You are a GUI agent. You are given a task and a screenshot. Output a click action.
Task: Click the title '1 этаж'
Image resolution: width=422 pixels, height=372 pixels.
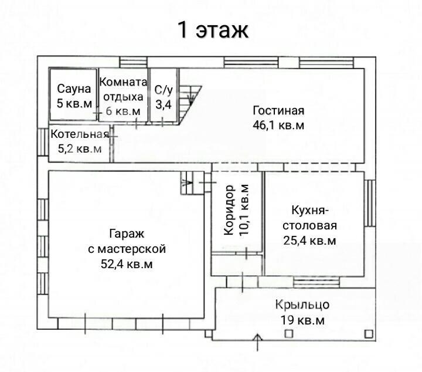(x=213, y=30)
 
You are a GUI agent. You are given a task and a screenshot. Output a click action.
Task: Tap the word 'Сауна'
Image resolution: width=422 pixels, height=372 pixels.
(x=74, y=89)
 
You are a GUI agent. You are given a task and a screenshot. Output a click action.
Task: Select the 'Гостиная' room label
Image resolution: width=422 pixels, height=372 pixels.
(x=278, y=111)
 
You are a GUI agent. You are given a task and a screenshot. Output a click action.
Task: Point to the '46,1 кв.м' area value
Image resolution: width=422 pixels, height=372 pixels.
(x=278, y=125)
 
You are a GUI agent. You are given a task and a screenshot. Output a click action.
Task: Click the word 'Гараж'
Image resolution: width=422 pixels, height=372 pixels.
(x=127, y=234)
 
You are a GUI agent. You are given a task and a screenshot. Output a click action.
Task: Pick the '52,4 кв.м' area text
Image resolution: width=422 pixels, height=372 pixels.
(x=127, y=264)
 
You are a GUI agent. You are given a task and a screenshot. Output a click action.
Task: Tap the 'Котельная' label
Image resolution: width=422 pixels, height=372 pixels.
(x=80, y=134)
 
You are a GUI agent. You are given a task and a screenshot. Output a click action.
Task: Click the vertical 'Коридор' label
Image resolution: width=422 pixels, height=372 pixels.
(x=229, y=210)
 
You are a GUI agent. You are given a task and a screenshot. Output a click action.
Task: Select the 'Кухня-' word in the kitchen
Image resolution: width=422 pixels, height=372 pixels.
(x=310, y=211)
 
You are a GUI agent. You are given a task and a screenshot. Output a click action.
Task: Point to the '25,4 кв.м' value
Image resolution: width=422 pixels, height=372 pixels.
(x=309, y=241)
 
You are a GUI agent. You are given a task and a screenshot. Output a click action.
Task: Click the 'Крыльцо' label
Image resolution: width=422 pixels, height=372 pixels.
(x=302, y=305)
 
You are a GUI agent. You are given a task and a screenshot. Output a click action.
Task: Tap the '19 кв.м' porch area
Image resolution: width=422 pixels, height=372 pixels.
(x=302, y=320)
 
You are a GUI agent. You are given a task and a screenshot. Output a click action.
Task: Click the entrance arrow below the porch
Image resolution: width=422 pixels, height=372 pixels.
(x=258, y=342)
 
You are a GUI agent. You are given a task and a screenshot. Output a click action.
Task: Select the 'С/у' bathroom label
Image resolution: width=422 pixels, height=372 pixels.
(x=164, y=90)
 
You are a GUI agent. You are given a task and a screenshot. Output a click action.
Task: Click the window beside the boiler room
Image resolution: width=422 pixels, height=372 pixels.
(x=43, y=142)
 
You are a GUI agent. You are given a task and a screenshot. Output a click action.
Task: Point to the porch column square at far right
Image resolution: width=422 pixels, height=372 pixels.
(x=369, y=334)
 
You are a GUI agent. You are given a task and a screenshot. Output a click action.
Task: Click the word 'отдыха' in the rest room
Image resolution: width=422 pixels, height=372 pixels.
(x=123, y=97)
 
